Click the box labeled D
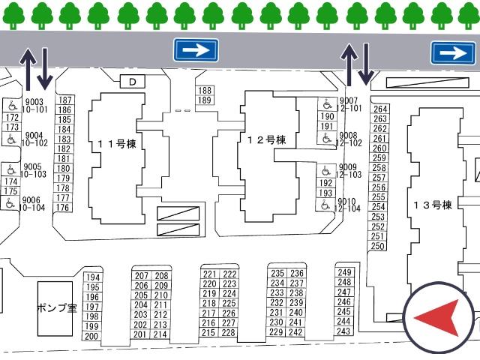[132, 82]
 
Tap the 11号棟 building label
[117, 144]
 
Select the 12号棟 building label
[266, 140]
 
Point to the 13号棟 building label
[433, 205]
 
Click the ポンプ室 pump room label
[57, 307]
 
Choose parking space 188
[205, 90]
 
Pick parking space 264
[380, 109]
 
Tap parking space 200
[91, 337]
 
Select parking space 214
[160, 334]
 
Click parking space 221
[209, 274]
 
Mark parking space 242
[295, 332]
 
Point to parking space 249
[344, 271]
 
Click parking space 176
[62, 207]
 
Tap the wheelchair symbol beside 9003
[12, 106]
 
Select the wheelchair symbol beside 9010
[325, 205]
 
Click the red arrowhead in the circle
[441, 318]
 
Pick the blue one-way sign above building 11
[196, 50]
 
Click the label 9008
[348, 135]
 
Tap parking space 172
[12, 117]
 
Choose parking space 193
[325, 193]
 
